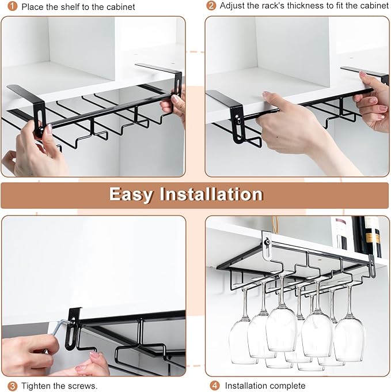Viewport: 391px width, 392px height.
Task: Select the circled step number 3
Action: (x=12, y=386)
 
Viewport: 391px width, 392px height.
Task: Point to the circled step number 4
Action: (x=214, y=386)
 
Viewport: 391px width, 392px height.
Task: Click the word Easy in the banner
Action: (x=132, y=194)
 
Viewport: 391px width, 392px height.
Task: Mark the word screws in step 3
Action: (x=83, y=386)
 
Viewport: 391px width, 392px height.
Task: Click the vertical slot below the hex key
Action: (x=72, y=343)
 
